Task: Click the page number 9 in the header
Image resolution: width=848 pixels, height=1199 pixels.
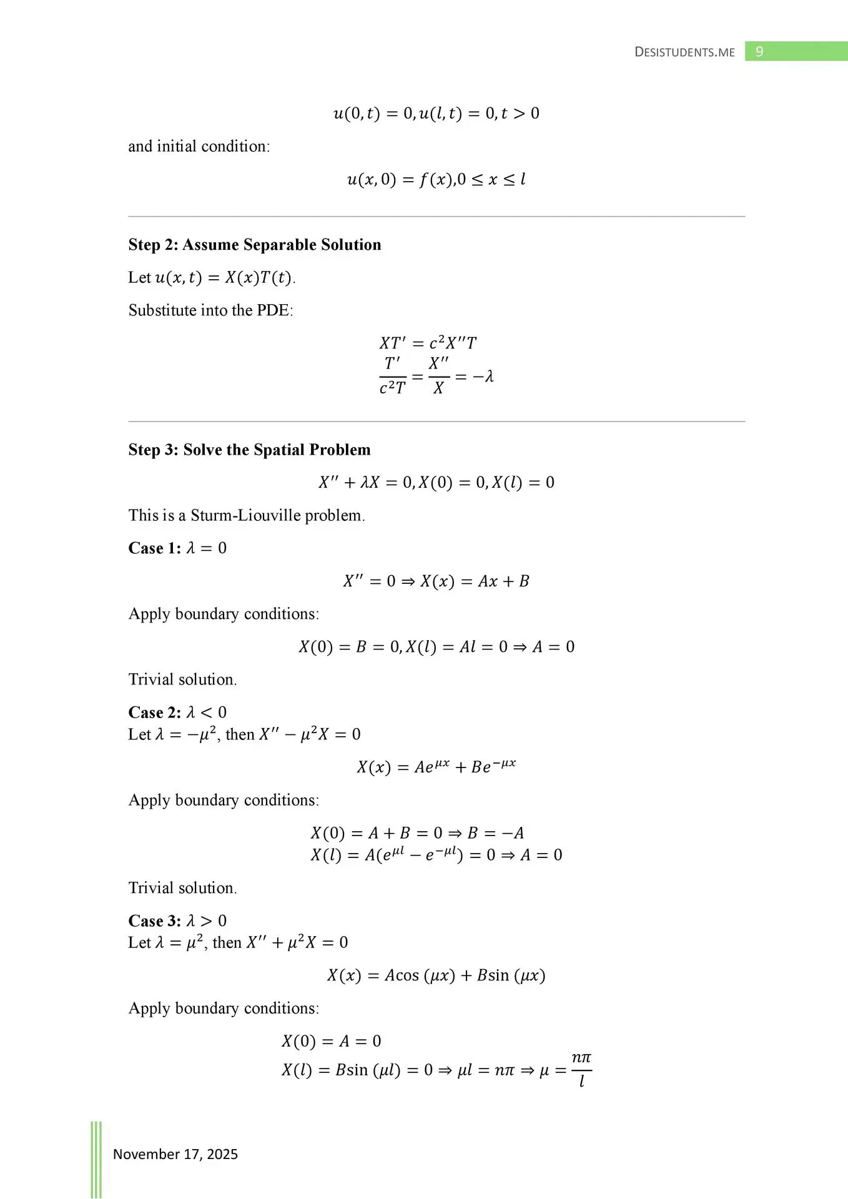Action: pos(759,51)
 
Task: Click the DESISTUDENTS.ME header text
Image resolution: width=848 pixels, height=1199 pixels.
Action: pos(684,52)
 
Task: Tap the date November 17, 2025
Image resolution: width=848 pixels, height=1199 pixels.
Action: pos(175,1154)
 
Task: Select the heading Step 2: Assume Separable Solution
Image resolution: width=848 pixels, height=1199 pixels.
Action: pos(255,245)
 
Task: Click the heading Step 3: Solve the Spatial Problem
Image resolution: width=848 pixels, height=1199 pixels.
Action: pos(249,450)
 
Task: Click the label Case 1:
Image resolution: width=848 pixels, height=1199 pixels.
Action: pos(154,548)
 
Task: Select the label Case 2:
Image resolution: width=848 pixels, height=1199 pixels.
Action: pos(154,713)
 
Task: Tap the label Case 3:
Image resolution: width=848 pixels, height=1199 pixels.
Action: pos(154,921)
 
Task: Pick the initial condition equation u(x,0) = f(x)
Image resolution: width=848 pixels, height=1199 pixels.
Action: pos(436,180)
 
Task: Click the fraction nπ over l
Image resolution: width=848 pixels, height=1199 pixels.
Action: pos(581,1069)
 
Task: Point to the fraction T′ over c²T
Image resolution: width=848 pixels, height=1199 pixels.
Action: pos(392,376)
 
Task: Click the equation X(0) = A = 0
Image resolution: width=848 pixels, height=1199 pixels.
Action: pos(331,1041)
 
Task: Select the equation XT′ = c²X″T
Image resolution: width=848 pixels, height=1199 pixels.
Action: pos(428,343)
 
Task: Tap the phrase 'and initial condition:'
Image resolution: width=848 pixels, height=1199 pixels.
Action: pos(199,146)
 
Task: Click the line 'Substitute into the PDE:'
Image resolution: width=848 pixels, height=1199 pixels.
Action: pos(210,310)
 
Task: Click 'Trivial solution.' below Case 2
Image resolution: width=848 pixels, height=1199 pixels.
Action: pos(182,888)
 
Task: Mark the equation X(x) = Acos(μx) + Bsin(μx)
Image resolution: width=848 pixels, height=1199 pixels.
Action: pos(436,975)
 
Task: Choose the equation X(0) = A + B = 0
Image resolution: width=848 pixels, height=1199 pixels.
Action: pos(377,833)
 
